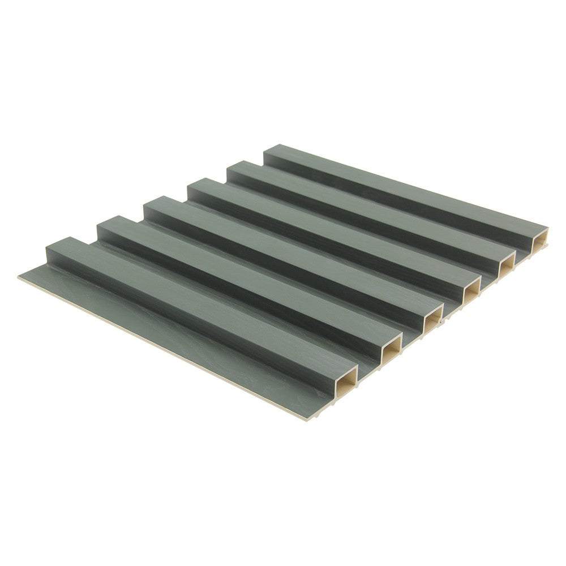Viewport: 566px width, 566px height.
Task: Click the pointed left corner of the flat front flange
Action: tap(20, 276)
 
